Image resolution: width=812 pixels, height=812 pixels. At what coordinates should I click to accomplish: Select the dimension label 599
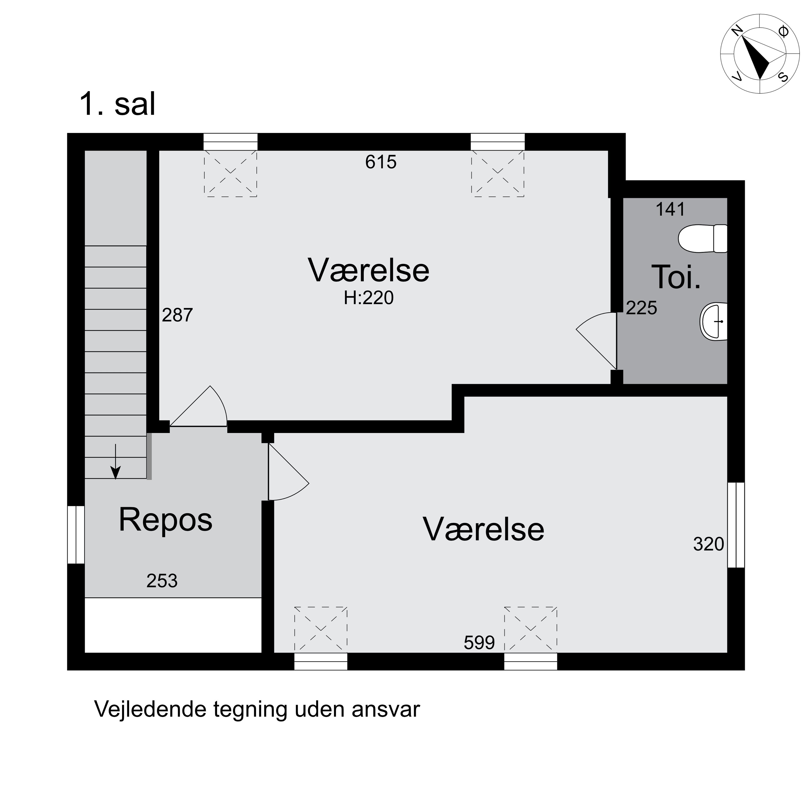pyautogui.click(x=479, y=643)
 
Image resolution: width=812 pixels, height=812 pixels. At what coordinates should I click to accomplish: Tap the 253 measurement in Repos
pyautogui.click(x=162, y=581)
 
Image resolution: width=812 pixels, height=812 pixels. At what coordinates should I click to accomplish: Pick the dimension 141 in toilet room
pyautogui.click(x=670, y=209)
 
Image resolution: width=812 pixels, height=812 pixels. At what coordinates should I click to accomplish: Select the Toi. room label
pyautogui.click(x=676, y=277)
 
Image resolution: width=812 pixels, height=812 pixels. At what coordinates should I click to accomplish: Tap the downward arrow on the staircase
pyautogui.click(x=115, y=462)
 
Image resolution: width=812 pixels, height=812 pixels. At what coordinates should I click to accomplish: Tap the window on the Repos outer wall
pyautogui.click(x=76, y=534)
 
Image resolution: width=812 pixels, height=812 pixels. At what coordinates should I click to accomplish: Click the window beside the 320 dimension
pyautogui.click(x=736, y=525)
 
